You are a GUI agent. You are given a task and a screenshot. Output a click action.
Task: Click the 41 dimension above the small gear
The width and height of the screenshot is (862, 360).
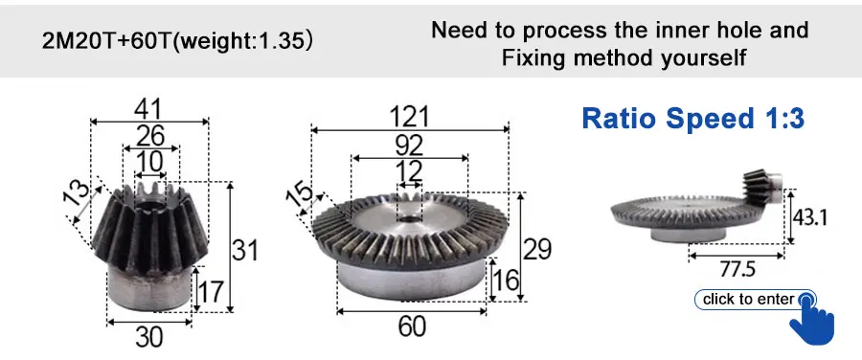[148, 110]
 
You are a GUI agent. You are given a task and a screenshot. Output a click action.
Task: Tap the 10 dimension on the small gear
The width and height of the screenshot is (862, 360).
[150, 162]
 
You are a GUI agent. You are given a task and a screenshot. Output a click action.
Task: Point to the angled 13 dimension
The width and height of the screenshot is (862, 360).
[79, 191]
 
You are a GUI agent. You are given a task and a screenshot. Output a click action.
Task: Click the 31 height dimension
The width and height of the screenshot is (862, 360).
[244, 251]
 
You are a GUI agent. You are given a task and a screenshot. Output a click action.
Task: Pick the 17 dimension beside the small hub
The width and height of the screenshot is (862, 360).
[211, 291]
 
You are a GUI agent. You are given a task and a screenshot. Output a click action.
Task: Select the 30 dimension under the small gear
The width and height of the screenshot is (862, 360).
[149, 337]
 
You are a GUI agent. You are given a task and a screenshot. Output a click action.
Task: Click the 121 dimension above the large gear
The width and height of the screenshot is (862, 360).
[409, 117]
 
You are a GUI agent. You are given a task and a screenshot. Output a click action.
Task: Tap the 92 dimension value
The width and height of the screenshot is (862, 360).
[410, 146]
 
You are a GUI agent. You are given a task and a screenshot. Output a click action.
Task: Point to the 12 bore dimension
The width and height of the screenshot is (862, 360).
[410, 171]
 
